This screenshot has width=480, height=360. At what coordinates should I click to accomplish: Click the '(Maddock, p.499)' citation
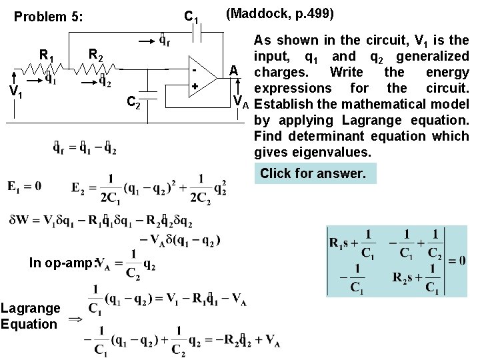[x=280, y=13]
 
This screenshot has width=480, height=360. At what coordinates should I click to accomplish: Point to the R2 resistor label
[x=96, y=54]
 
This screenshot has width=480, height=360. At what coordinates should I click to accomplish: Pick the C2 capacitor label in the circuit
[x=133, y=102]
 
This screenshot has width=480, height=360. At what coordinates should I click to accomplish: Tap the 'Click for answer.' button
[x=313, y=174]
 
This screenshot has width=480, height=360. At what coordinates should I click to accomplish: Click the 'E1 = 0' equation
[x=25, y=186]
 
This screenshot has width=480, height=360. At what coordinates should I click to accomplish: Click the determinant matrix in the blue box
[x=396, y=261]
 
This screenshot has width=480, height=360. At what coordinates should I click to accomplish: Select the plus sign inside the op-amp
[x=195, y=87]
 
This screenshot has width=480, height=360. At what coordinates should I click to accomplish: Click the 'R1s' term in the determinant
[x=345, y=243]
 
